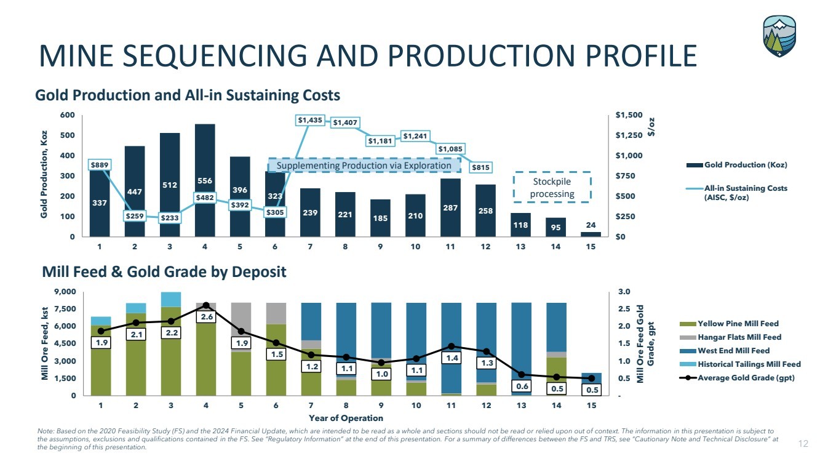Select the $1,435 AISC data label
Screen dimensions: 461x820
(310, 121)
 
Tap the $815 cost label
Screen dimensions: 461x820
(480, 166)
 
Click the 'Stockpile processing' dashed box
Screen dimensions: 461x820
(551, 188)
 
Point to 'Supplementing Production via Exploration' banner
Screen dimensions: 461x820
(364, 166)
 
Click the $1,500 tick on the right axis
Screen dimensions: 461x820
(628, 116)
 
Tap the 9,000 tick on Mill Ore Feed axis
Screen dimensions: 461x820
(65, 292)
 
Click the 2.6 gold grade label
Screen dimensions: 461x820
(206, 317)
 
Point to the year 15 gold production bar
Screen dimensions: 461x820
(591, 234)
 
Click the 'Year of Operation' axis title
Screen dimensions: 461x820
(346, 419)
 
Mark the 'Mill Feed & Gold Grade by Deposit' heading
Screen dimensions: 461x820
(164, 271)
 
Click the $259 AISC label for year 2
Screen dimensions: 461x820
(134, 216)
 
